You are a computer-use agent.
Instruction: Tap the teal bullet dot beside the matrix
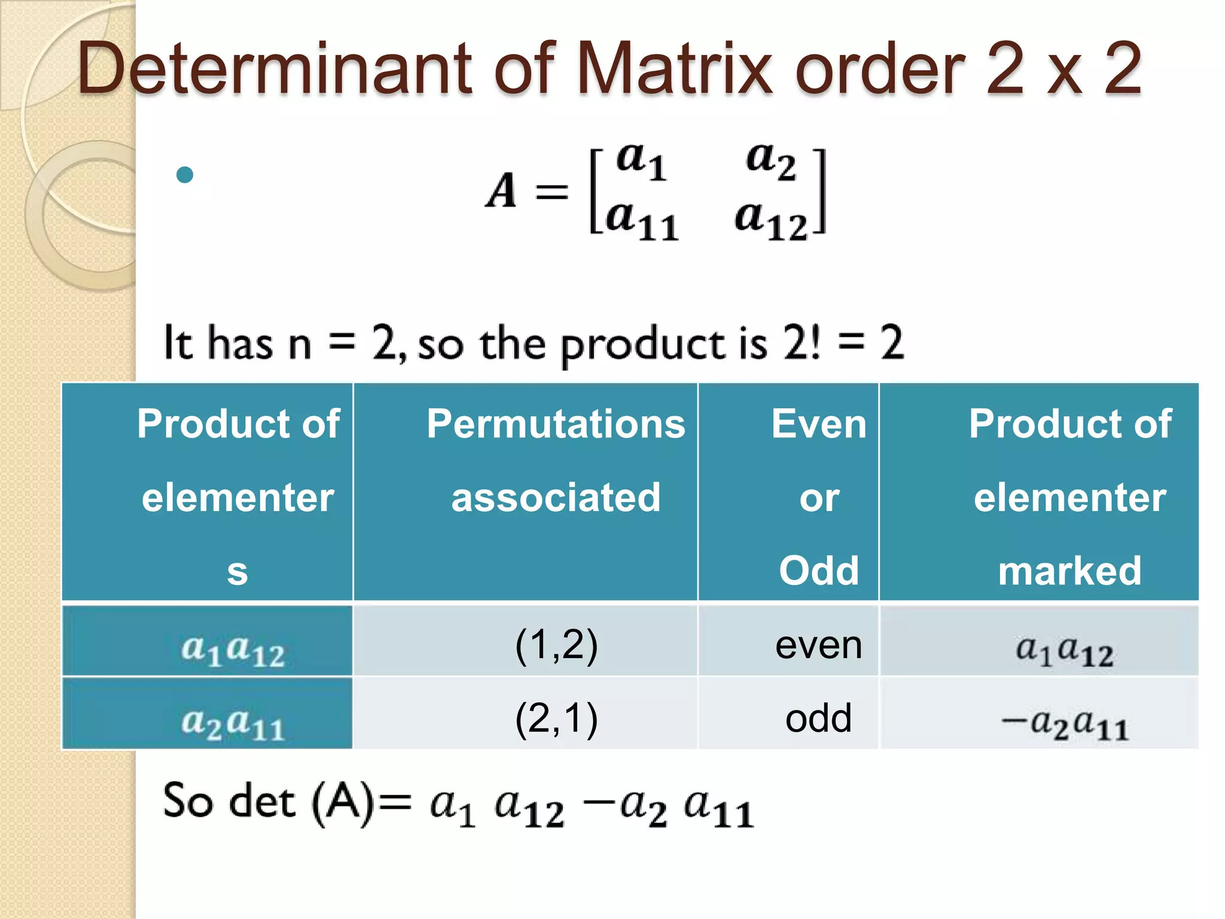click(185, 175)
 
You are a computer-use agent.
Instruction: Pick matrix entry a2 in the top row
click(771, 160)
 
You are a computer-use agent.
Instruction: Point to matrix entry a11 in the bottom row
click(642, 219)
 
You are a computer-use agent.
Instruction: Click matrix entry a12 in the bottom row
click(772, 219)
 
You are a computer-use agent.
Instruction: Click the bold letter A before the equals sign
click(501, 191)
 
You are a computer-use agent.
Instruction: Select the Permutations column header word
click(556, 424)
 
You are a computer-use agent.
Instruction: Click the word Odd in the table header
click(818, 570)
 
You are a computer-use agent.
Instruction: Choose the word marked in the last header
click(1069, 570)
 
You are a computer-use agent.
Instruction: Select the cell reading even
click(818, 645)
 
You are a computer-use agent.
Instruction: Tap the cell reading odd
click(818, 718)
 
